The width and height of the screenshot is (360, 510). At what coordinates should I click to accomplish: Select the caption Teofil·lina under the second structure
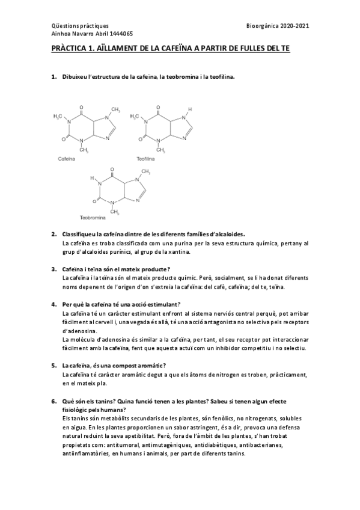point(145,159)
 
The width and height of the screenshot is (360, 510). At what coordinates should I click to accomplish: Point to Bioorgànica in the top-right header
point(262,26)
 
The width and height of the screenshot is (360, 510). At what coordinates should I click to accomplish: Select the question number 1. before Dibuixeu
point(53,78)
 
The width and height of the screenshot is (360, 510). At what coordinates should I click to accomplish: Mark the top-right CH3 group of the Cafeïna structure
point(117,110)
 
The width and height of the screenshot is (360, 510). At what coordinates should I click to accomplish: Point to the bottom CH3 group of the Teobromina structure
point(115,212)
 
